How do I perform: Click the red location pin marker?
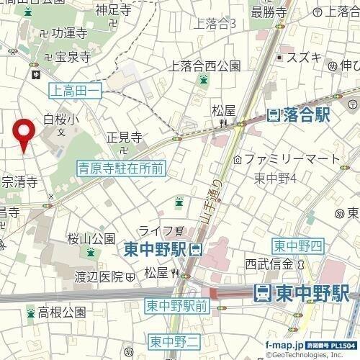25,132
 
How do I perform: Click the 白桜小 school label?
59,120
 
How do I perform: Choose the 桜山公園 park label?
91,238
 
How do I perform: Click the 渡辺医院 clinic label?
101,276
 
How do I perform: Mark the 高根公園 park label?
62,312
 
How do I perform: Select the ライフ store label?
156,230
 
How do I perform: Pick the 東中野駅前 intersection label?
176,305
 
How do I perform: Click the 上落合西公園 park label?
204,66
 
